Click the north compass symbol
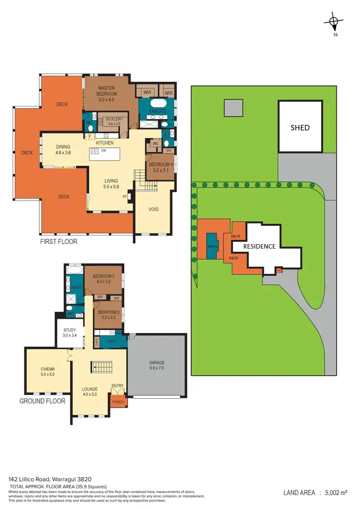[333, 22]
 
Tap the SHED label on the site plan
[300, 128]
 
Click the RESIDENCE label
[259, 246]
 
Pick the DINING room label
[63, 150]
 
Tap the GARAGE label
[156, 366]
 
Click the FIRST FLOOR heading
[59, 242]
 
